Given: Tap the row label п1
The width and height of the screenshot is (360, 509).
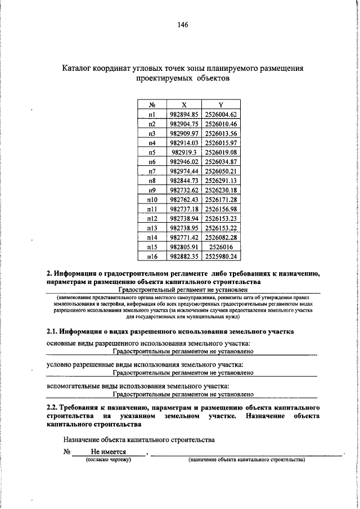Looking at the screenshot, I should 152,114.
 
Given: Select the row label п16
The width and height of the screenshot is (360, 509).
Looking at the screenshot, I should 152,256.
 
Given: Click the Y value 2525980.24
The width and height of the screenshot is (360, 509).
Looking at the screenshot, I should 221,256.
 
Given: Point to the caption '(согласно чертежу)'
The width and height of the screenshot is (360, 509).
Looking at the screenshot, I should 107,460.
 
